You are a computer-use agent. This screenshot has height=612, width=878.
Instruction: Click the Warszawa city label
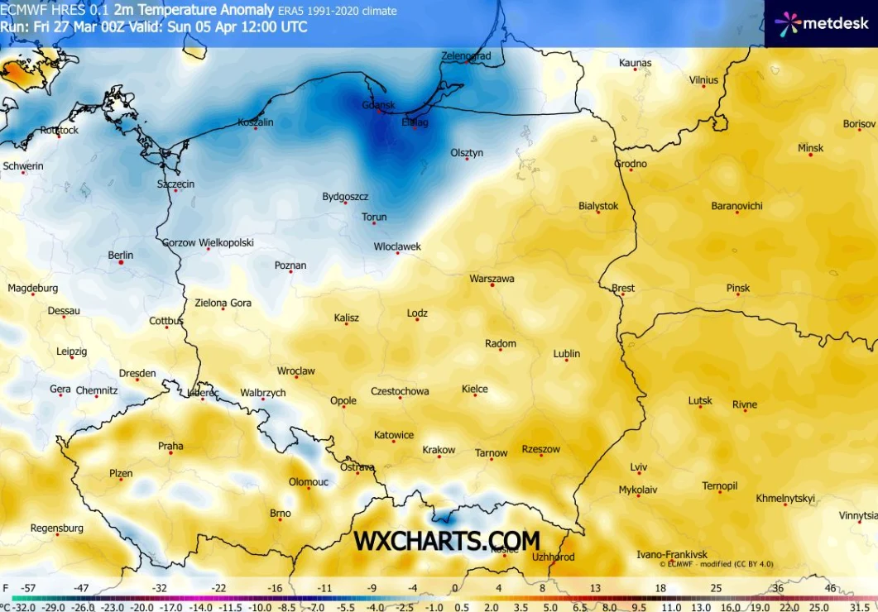point(492,279)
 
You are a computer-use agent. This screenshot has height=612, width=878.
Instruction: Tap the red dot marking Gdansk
point(381,112)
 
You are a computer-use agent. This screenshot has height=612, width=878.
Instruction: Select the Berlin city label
point(120,256)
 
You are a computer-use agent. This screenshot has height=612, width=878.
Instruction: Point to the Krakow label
point(439,450)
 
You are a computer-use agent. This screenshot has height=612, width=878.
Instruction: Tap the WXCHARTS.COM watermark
point(447,541)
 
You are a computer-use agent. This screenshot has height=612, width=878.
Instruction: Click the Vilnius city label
point(703,80)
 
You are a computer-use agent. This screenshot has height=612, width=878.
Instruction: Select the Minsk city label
point(810,148)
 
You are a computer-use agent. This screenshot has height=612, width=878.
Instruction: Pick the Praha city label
point(170,446)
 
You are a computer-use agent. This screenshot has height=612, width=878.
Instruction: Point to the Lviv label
point(638,466)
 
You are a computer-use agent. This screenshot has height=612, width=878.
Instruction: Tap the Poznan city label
point(290,265)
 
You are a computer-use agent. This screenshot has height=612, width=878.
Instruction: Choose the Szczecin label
point(175,184)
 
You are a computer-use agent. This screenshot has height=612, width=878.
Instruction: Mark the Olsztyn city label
point(467,153)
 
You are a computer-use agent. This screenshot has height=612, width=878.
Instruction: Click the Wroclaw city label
point(295,371)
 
